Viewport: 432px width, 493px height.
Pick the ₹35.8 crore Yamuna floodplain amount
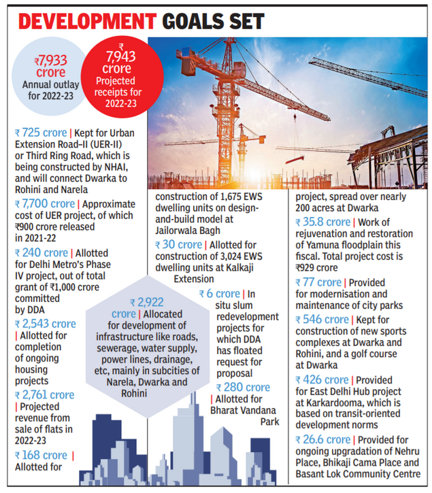323,222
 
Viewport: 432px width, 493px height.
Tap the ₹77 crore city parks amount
318,282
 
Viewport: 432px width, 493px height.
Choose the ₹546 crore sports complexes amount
321,320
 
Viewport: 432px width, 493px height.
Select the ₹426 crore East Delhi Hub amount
321,380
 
